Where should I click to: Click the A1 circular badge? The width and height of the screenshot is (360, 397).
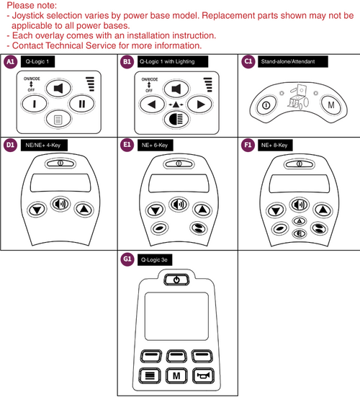point(10,63)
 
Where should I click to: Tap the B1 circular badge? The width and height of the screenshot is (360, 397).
point(127,63)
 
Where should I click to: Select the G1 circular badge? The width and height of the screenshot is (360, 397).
point(127,257)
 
